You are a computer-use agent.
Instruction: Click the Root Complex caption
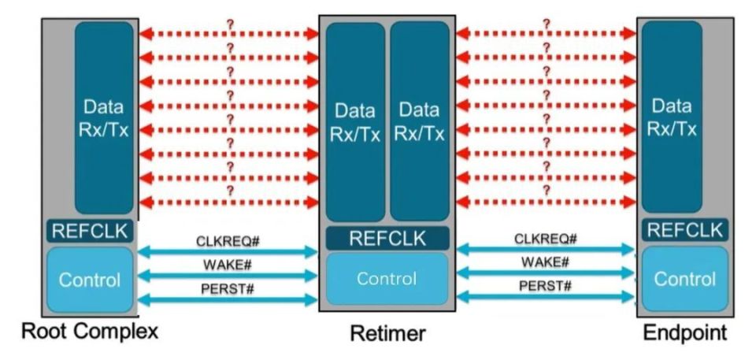click(89, 331)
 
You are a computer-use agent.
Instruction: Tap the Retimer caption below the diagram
click(387, 334)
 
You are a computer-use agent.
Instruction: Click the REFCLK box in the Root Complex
click(90, 232)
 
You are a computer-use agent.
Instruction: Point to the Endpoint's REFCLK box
click(684, 230)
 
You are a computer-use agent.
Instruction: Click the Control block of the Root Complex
click(90, 280)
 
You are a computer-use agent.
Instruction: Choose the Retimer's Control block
click(387, 279)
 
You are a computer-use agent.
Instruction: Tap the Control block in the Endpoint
click(684, 279)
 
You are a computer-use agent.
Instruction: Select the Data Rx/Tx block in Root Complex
click(103, 118)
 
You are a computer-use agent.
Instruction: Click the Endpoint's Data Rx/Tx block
click(672, 118)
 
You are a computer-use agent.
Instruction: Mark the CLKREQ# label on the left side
click(228, 240)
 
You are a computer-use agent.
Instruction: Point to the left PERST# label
click(228, 288)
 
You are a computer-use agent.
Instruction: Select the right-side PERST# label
click(545, 285)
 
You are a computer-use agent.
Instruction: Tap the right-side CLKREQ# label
click(545, 238)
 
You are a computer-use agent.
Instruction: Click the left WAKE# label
click(228, 265)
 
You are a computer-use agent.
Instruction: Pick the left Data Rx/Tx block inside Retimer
click(355, 122)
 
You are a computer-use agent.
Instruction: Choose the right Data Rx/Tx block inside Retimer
click(420, 122)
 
